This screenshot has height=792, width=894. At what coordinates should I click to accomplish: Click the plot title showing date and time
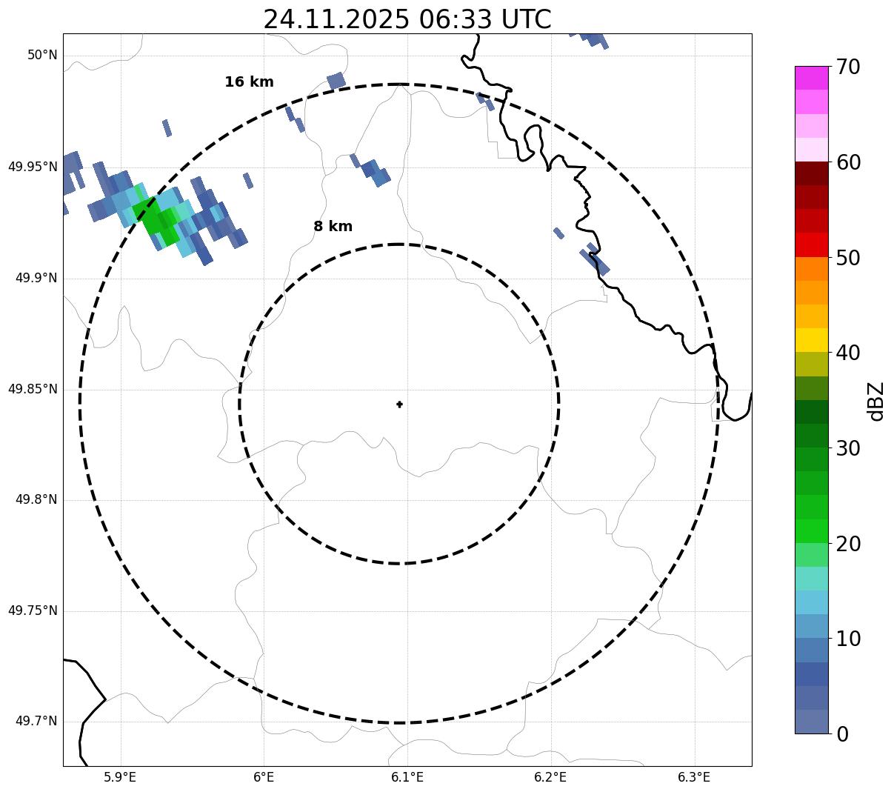407,19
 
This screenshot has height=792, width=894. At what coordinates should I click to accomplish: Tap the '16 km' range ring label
249,82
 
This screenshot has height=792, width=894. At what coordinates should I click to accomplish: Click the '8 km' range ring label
333,227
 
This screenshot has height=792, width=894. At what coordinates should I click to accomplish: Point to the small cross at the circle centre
399,404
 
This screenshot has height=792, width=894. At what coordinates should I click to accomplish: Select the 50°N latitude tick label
42,56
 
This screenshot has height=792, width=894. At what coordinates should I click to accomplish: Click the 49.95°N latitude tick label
33,167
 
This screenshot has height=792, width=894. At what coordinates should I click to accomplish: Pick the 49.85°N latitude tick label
33,389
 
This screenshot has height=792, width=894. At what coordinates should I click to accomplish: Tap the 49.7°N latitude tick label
36,722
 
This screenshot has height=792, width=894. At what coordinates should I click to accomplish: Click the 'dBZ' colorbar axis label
877,402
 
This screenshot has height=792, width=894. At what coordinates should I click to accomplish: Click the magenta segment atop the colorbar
811,78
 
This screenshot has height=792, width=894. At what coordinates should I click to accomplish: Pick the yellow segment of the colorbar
811,340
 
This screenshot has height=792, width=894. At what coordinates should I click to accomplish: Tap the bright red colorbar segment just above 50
811,245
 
